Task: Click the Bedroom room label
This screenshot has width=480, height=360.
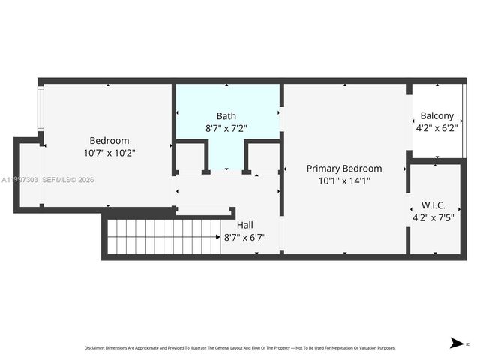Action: click(109, 140)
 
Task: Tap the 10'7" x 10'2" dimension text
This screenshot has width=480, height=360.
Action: click(109, 153)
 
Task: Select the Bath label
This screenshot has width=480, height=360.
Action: click(226, 116)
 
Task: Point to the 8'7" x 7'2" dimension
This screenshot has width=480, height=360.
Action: click(226, 128)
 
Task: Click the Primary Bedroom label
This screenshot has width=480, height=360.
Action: click(344, 169)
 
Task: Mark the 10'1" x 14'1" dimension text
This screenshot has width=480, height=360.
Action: click(344, 181)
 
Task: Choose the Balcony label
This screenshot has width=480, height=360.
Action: click(436, 116)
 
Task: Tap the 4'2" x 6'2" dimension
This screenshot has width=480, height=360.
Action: click(436, 128)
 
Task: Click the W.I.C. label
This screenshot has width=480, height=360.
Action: click(434, 205)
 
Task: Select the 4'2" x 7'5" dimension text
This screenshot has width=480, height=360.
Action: click(434, 218)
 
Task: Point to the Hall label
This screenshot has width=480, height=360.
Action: click(245, 225)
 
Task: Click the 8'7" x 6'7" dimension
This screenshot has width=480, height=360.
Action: click(245, 238)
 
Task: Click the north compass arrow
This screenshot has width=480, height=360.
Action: click(455, 343)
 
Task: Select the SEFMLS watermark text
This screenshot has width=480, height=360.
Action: click(67, 180)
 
